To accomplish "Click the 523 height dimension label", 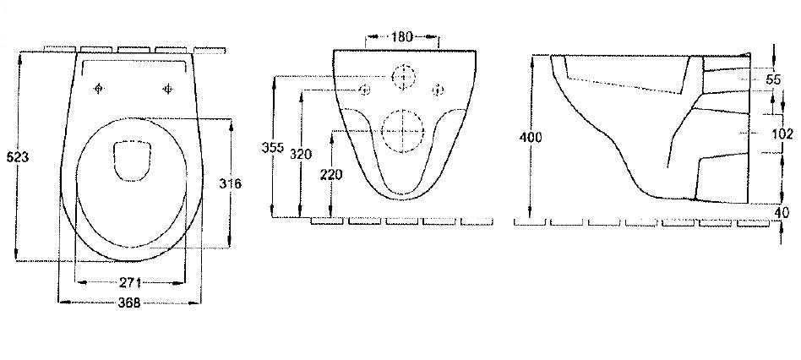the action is (x=18, y=157).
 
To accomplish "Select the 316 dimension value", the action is (x=230, y=184).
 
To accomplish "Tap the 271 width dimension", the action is (x=131, y=282).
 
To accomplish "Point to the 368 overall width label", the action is (x=129, y=303).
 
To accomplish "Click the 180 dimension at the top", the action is (x=402, y=37).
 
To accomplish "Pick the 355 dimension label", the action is (x=273, y=148).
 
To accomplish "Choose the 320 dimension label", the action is (x=301, y=154).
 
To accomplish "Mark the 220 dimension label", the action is (x=331, y=175).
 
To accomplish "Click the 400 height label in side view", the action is (x=531, y=138).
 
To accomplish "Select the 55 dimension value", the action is (x=773, y=79).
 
